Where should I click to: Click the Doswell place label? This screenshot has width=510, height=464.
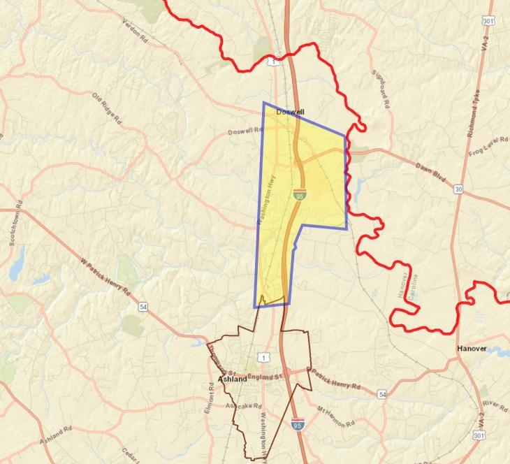[x=290, y=112]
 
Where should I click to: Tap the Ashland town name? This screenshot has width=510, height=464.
[x=232, y=379]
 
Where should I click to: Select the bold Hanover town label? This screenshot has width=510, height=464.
[x=472, y=348]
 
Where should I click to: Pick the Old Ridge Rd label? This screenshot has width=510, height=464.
[x=107, y=107]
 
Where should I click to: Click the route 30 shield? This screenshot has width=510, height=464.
[x=458, y=189]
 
